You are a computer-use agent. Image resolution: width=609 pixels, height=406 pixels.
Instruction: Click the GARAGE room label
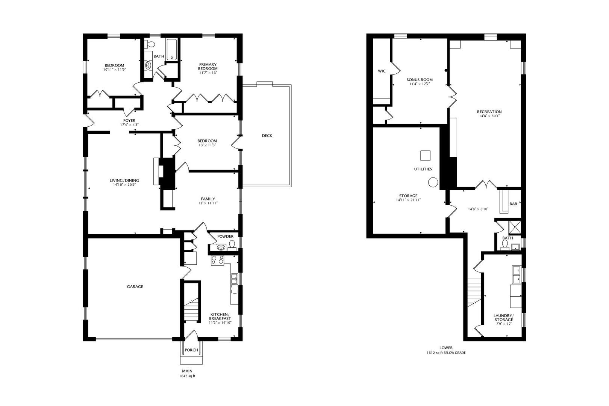tap(135, 286)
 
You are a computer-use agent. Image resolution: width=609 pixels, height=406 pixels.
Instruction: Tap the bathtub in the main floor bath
tap(172, 49)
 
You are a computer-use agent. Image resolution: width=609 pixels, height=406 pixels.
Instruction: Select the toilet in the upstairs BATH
tap(150, 44)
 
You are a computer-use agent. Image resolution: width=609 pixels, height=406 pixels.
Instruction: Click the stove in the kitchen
tap(218, 260)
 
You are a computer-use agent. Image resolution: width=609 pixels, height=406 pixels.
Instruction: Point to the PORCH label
tap(191, 350)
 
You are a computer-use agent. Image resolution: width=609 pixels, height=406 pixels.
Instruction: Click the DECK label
tap(267, 136)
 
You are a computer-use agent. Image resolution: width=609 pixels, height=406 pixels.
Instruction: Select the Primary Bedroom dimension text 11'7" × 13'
tap(208, 73)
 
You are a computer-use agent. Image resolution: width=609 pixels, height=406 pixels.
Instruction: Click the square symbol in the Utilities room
tap(425, 155)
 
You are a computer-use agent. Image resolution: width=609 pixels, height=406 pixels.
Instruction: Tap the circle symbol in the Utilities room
tap(433, 183)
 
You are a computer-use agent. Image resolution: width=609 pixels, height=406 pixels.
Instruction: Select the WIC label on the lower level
tap(382, 71)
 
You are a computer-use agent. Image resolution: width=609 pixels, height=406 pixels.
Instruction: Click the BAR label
tap(513, 204)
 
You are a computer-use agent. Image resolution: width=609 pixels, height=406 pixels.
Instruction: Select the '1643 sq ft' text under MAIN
tap(187, 376)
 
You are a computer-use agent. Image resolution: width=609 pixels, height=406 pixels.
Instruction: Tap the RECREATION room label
tap(489, 112)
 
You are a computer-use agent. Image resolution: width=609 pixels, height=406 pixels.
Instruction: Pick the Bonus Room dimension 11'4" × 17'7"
tap(420, 84)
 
